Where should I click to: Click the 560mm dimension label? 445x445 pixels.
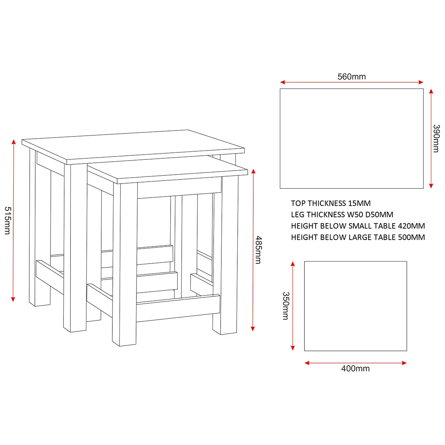pos(352,77)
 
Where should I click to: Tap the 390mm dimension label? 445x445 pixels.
pos(436,139)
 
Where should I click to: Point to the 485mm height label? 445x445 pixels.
pos(258,250)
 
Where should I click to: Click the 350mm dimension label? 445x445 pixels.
pos(286,306)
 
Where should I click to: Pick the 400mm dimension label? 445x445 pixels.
pos(355,369)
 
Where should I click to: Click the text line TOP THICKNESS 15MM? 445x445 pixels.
pos(331,203)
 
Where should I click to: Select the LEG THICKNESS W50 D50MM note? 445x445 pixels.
pos(342,215)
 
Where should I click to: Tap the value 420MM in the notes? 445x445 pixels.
pos(411,226)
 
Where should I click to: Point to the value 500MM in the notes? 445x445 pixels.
pos(412,237)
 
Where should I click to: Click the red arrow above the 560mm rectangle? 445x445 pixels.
pos(352,82)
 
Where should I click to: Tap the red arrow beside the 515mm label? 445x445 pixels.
pos(13,221)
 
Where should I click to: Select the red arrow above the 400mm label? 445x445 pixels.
pos(355,363)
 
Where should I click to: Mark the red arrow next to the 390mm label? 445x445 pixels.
pos(431,139)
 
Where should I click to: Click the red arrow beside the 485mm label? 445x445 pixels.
pos(253,250)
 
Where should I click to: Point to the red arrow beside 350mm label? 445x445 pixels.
pos(293,306)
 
